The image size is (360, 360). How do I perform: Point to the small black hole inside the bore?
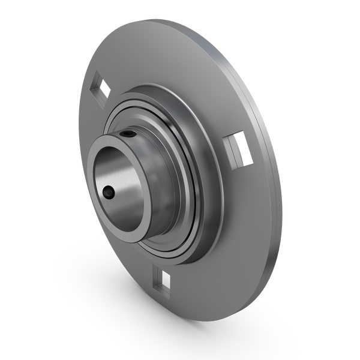(x=109, y=193)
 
